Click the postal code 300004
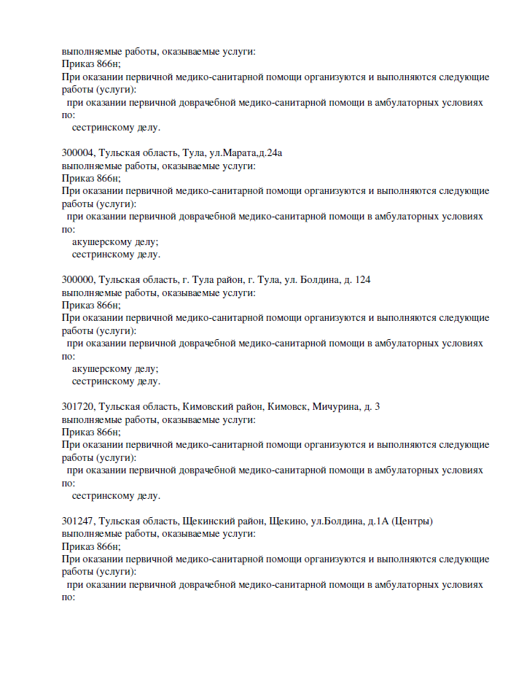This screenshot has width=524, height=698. pos(78,153)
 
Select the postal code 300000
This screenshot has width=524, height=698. pos(78,280)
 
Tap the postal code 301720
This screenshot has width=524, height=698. pos(78,407)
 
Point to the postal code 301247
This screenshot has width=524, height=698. pos(78,521)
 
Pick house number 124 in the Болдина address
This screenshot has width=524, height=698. pos(363,280)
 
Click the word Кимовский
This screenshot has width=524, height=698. pos(207,407)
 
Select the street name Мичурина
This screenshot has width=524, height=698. pos(332,407)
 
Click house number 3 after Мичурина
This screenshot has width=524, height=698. pos(377,407)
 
